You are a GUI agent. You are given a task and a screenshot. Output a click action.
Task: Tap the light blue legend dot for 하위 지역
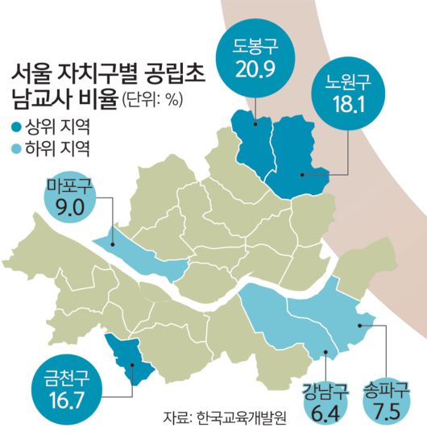[x=18, y=148]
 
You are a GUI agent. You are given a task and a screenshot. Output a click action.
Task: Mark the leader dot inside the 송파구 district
[x=361, y=323]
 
